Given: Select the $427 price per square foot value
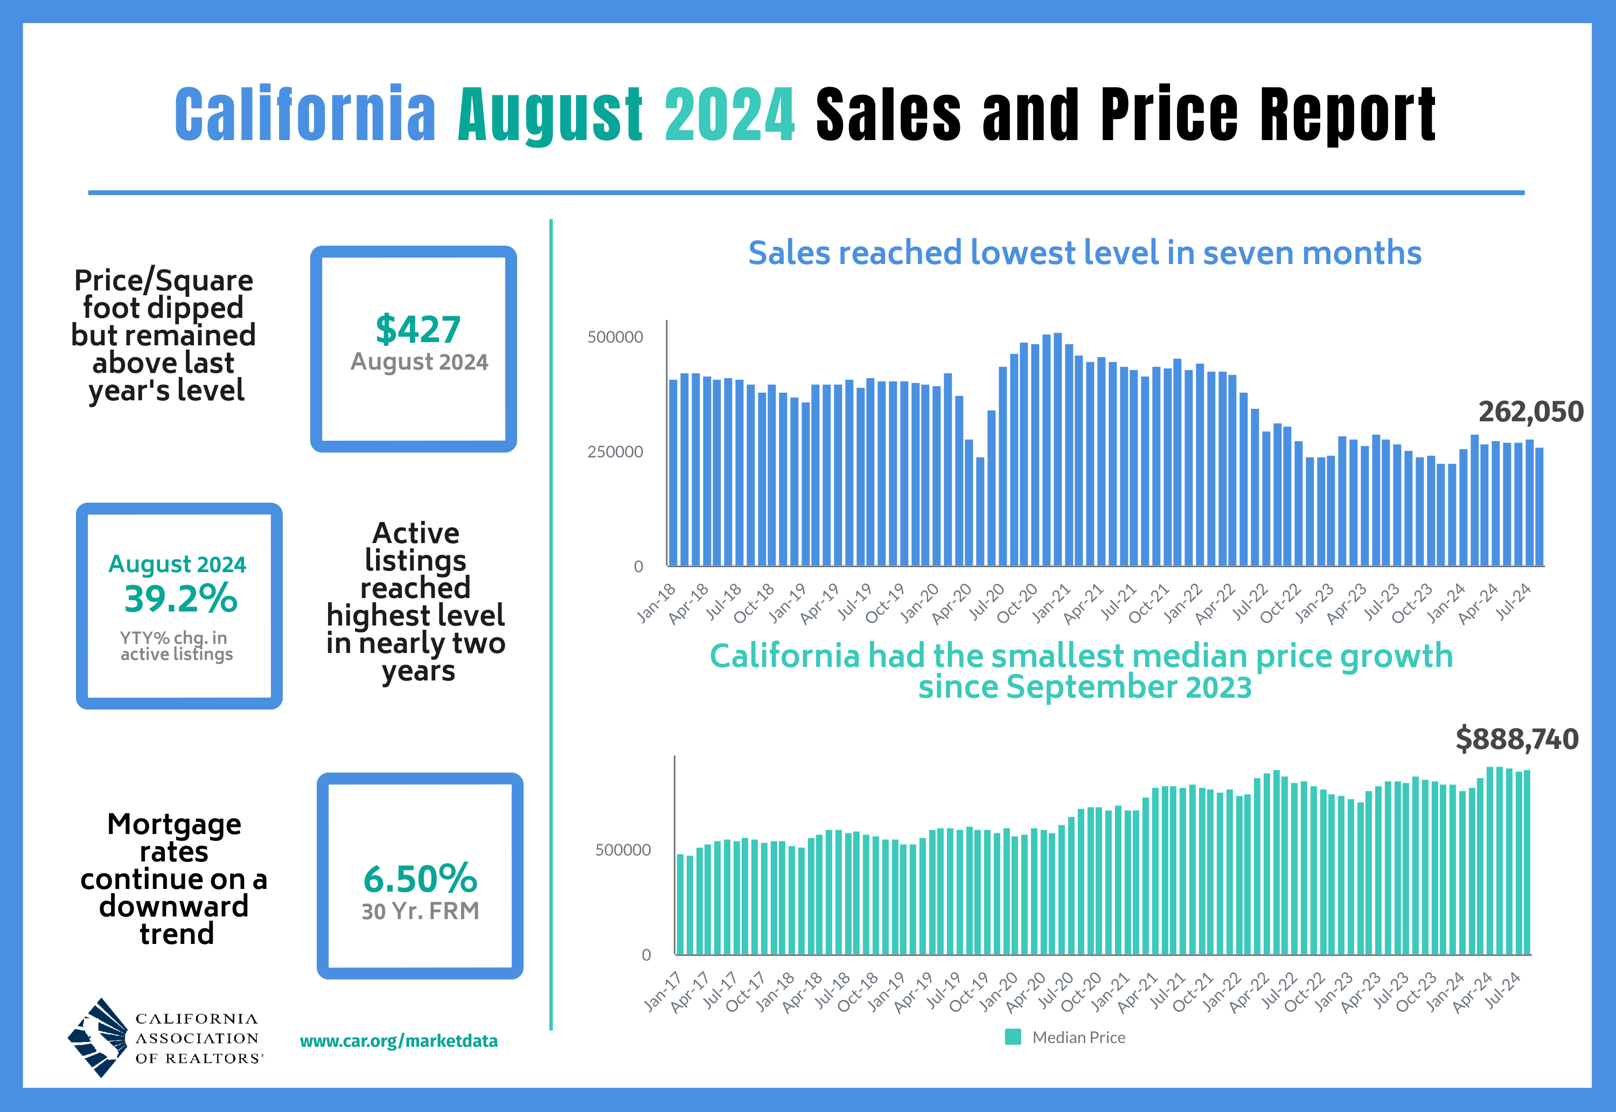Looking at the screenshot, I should coord(418,330).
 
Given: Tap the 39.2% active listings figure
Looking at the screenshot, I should coord(180,599).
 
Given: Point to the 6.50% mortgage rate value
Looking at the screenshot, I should coord(420,879).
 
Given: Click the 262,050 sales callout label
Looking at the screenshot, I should coord(1530,412).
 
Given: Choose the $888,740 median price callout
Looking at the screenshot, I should coord(1516,739).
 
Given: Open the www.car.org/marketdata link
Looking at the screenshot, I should coord(399,1041).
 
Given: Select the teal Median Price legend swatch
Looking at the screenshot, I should coord(1013,1037).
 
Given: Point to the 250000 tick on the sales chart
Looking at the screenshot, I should coord(615,451).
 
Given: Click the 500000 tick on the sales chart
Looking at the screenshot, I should coord(615,337).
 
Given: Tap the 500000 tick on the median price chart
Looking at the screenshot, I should coord(623,850).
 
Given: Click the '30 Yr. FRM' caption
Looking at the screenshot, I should coord(420,912).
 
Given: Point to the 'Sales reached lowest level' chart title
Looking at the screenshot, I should coord(1084,252).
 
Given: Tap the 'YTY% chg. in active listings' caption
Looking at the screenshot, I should coord(176,646).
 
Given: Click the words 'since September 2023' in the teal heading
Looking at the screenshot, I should coord(1084,687).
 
